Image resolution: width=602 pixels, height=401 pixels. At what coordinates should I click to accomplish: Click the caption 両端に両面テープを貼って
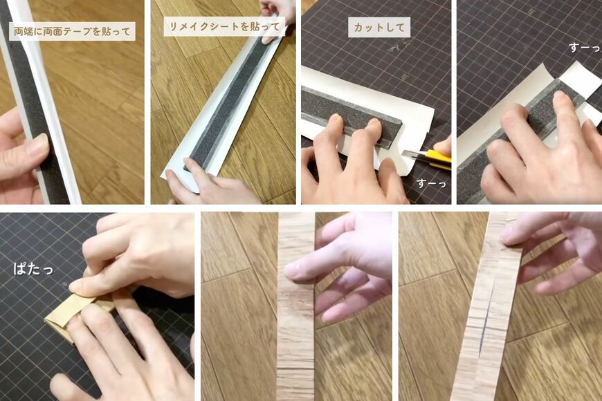[72, 31]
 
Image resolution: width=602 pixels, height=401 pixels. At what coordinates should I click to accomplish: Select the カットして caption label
[378, 27]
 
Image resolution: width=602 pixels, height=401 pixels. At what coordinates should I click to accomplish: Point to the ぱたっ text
[33, 268]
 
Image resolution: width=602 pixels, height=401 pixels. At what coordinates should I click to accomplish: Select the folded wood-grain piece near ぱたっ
[69, 311]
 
